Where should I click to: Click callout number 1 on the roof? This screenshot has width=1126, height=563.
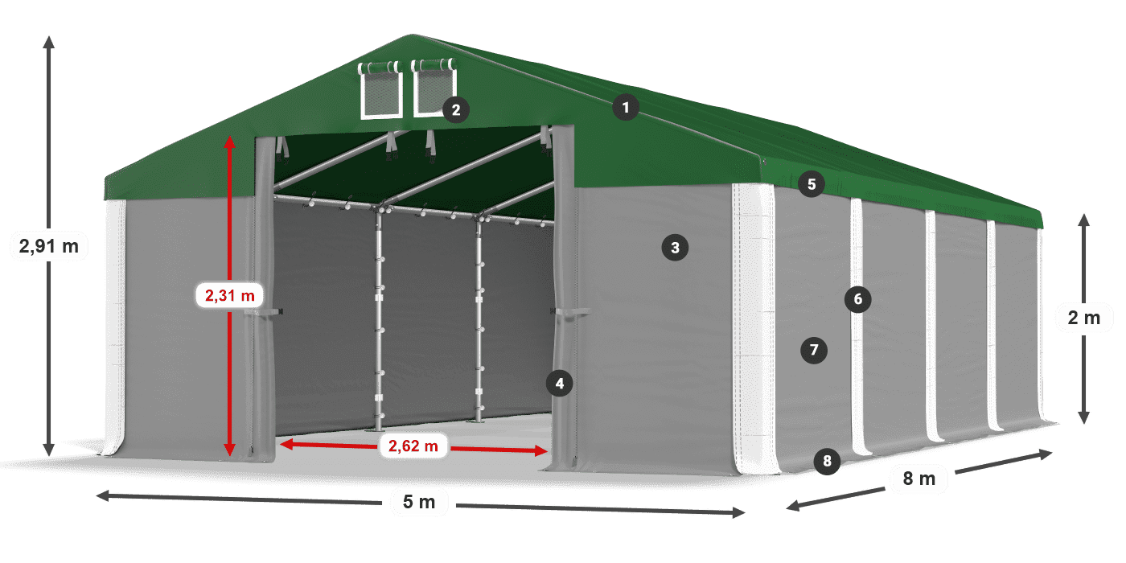pyautogui.click(x=626, y=107)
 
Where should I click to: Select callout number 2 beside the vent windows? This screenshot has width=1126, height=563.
pyautogui.click(x=455, y=109)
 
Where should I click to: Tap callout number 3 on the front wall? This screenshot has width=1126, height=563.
pyautogui.click(x=675, y=248)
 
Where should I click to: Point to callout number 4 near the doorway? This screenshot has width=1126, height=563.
pyautogui.click(x=560, y=384)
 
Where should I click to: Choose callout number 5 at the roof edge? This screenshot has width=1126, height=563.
pyautogui.click(x=812, y=184)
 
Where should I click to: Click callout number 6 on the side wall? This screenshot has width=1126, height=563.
pyautogui.click(x=858, y=300)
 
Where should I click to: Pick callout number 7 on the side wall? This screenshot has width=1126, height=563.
pyautogui.click(x=814, y=350)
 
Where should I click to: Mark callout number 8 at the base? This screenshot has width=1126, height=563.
pyautogui.click(x=827, y=461)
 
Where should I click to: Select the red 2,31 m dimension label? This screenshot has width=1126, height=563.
pyautogui.click(x=229, y=296)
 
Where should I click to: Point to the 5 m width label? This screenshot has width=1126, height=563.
pyautogui.click(x=418, y=503)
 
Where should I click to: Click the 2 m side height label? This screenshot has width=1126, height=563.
pyautogui.click(x=1083, y=318)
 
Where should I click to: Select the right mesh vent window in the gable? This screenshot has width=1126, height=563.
pyautogui.click(x=434, y=89)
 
